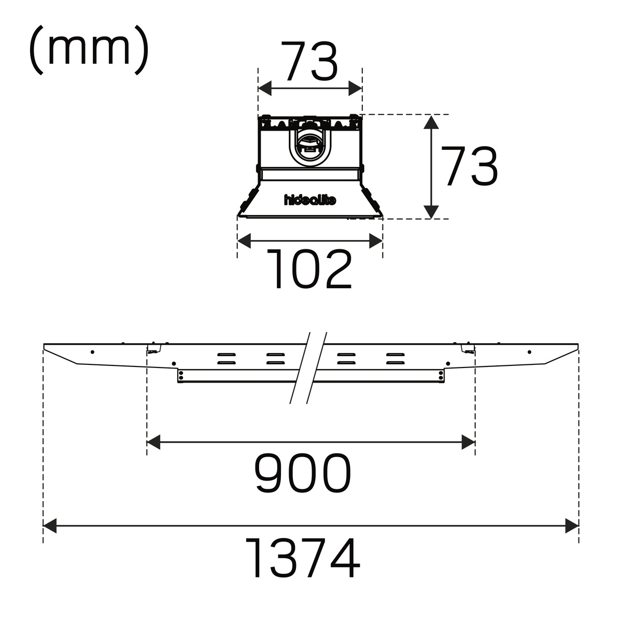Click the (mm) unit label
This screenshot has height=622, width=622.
coord(89,50)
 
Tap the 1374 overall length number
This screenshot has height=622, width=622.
coord(302,558)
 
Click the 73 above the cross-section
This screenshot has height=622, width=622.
coord(309,61)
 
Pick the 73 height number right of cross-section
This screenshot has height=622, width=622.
coord(469,166)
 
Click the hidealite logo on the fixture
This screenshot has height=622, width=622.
coord(310,200)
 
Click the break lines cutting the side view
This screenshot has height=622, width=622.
coord(308,367)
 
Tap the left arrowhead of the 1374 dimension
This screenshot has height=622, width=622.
coord(50,526)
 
